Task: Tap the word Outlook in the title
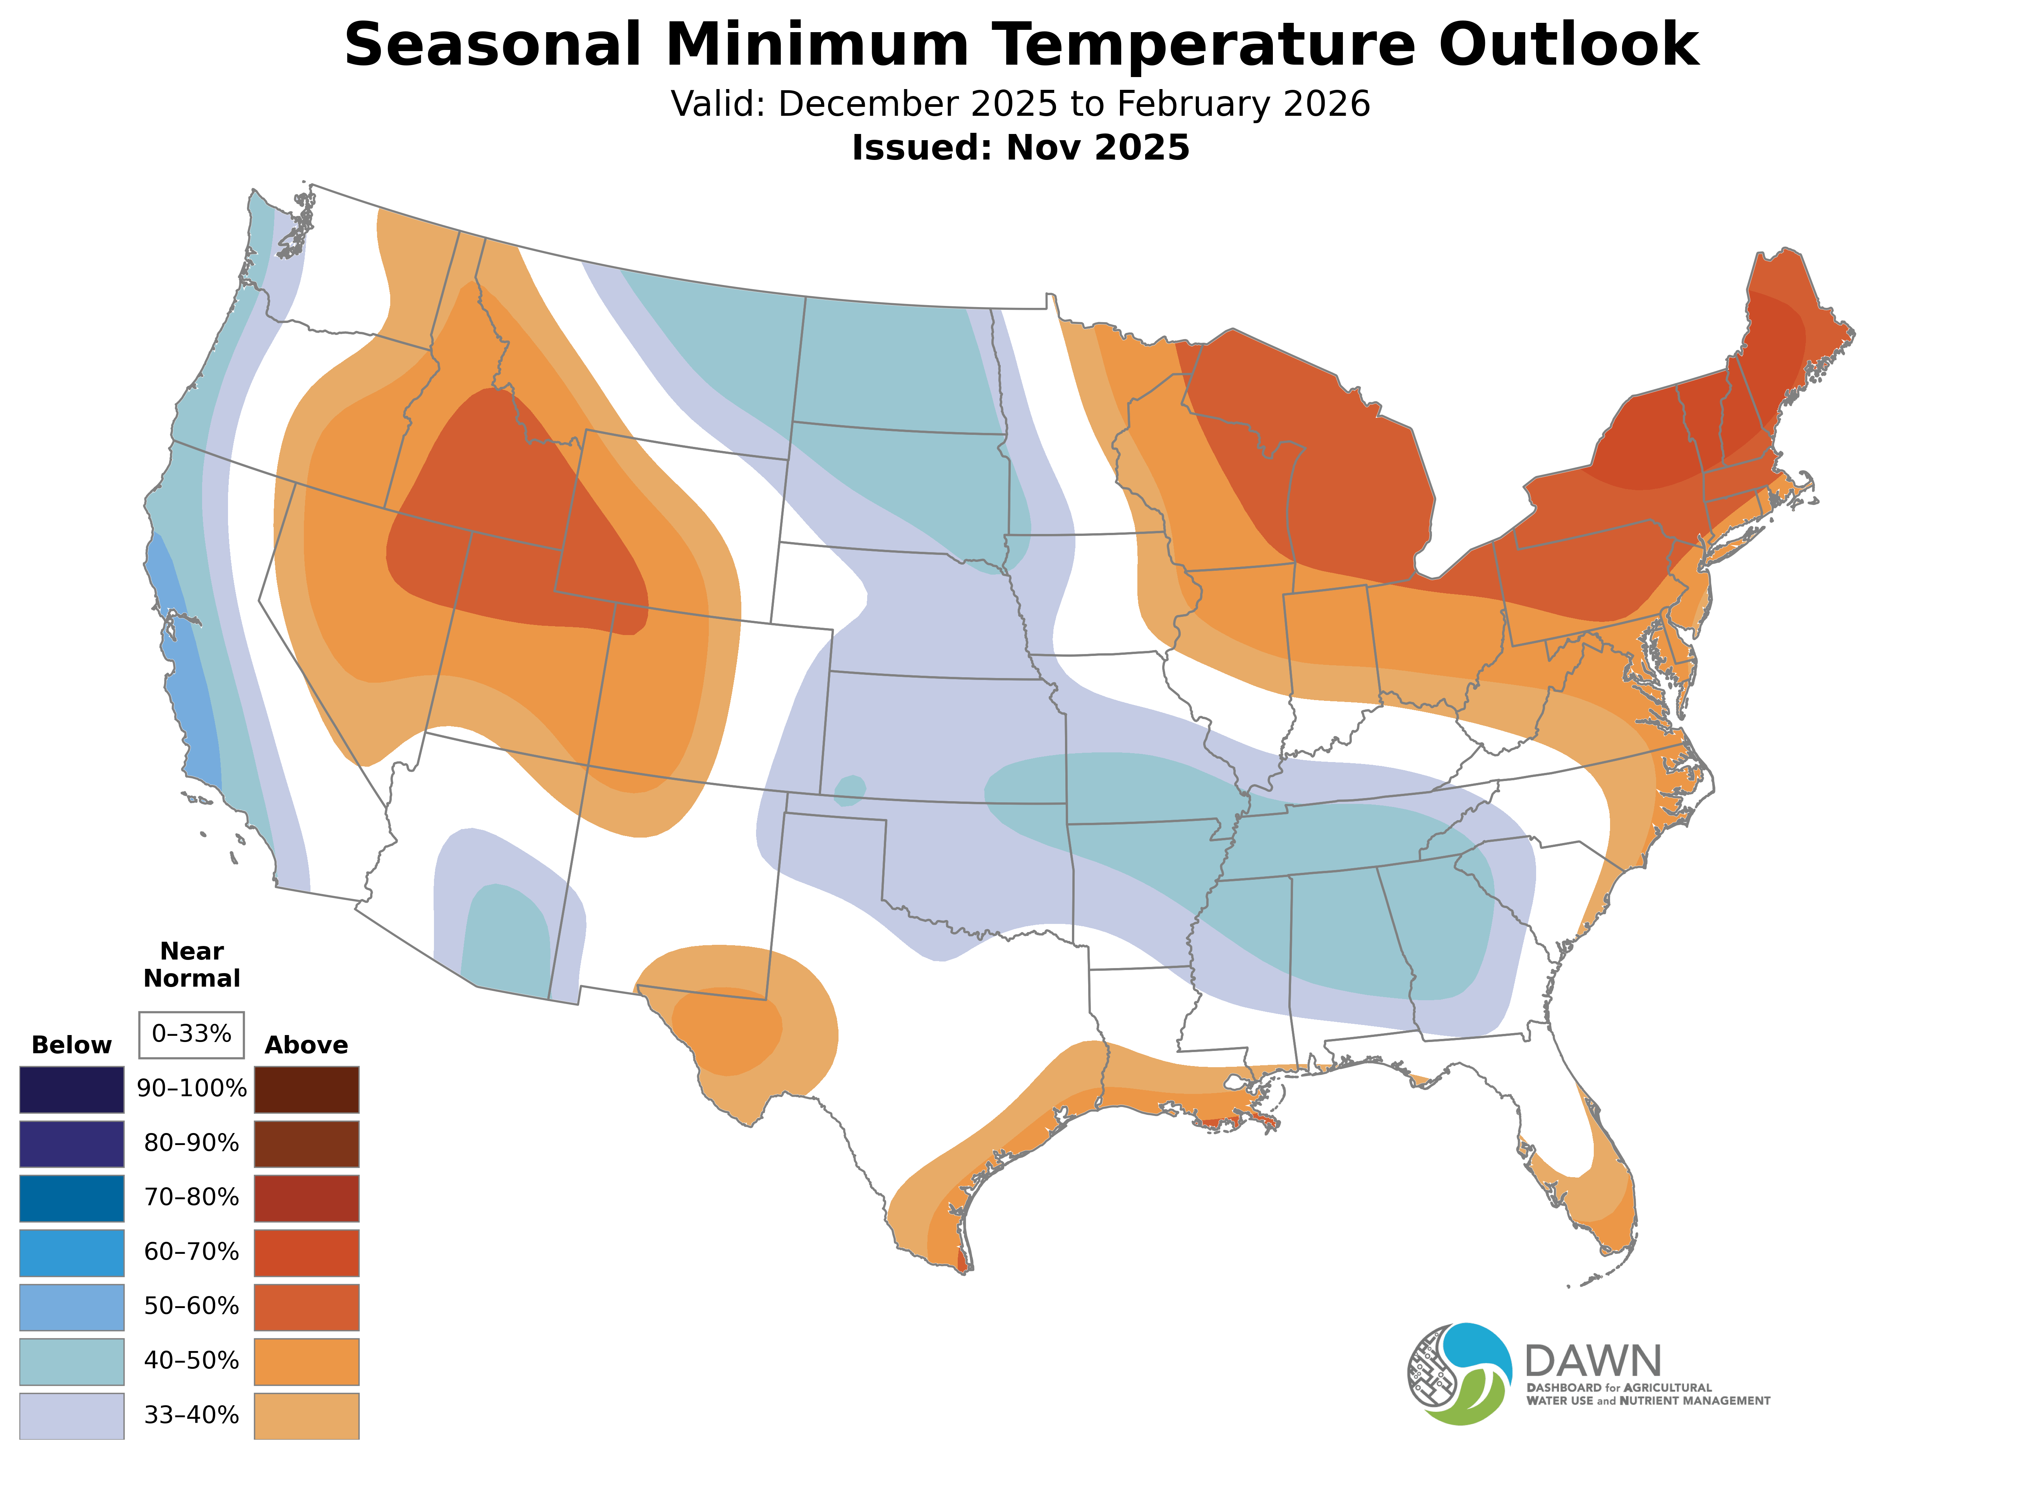(1568, 45)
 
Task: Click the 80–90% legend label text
(191, 1143)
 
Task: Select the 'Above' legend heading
(307, 1046)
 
